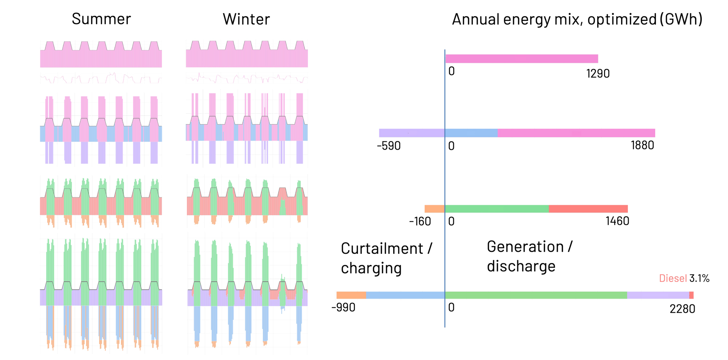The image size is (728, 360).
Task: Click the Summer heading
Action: pos(101,19)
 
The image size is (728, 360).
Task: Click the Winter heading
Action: pos(246,19)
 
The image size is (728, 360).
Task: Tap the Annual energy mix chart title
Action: pos(577,19)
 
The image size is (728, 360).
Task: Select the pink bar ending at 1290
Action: pos(522,59)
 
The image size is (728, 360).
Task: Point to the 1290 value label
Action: pos(598,73)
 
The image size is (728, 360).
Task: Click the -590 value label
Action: pos(388,146)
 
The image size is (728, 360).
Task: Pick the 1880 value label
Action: pos(642,145)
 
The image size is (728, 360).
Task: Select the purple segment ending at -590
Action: pos(411,133)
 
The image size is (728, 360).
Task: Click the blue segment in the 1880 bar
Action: pos(471,133)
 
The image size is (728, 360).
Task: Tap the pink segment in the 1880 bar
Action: pos(576,133)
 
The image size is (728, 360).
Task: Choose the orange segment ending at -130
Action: pos(434,208)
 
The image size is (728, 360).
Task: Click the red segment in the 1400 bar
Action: pos(588,208)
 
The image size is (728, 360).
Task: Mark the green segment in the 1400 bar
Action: pos(497,208)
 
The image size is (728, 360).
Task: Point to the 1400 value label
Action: pos(617,221)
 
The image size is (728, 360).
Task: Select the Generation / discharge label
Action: pos(529,257)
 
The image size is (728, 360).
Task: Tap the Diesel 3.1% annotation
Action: pos(684,278)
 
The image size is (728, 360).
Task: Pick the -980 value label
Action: pos(344,307)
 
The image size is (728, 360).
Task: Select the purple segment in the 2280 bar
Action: pos(658,295)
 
